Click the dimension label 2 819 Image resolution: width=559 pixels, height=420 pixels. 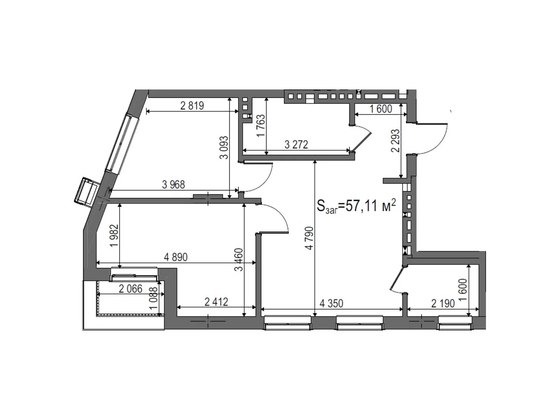click(192, 105)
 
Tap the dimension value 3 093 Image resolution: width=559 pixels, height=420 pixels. click(224, 147)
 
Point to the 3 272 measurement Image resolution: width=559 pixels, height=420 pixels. click(296, 145)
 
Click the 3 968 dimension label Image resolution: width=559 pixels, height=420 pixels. click(173, 184)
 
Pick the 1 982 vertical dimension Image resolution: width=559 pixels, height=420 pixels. click(114, 235)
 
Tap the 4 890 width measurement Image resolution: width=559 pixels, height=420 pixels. click(176, 257)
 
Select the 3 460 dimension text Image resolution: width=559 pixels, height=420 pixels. click(239, 260)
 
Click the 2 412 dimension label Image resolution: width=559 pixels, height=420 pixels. click(216, 302)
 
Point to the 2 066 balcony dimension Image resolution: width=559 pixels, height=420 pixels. click(131, 289)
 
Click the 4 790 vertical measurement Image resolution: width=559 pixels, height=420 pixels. click(309, 238)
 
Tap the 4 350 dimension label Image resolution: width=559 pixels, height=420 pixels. click(332, 303)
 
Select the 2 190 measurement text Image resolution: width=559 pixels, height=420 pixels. click(443, 303)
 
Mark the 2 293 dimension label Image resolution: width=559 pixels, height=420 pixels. click(395, 141)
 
